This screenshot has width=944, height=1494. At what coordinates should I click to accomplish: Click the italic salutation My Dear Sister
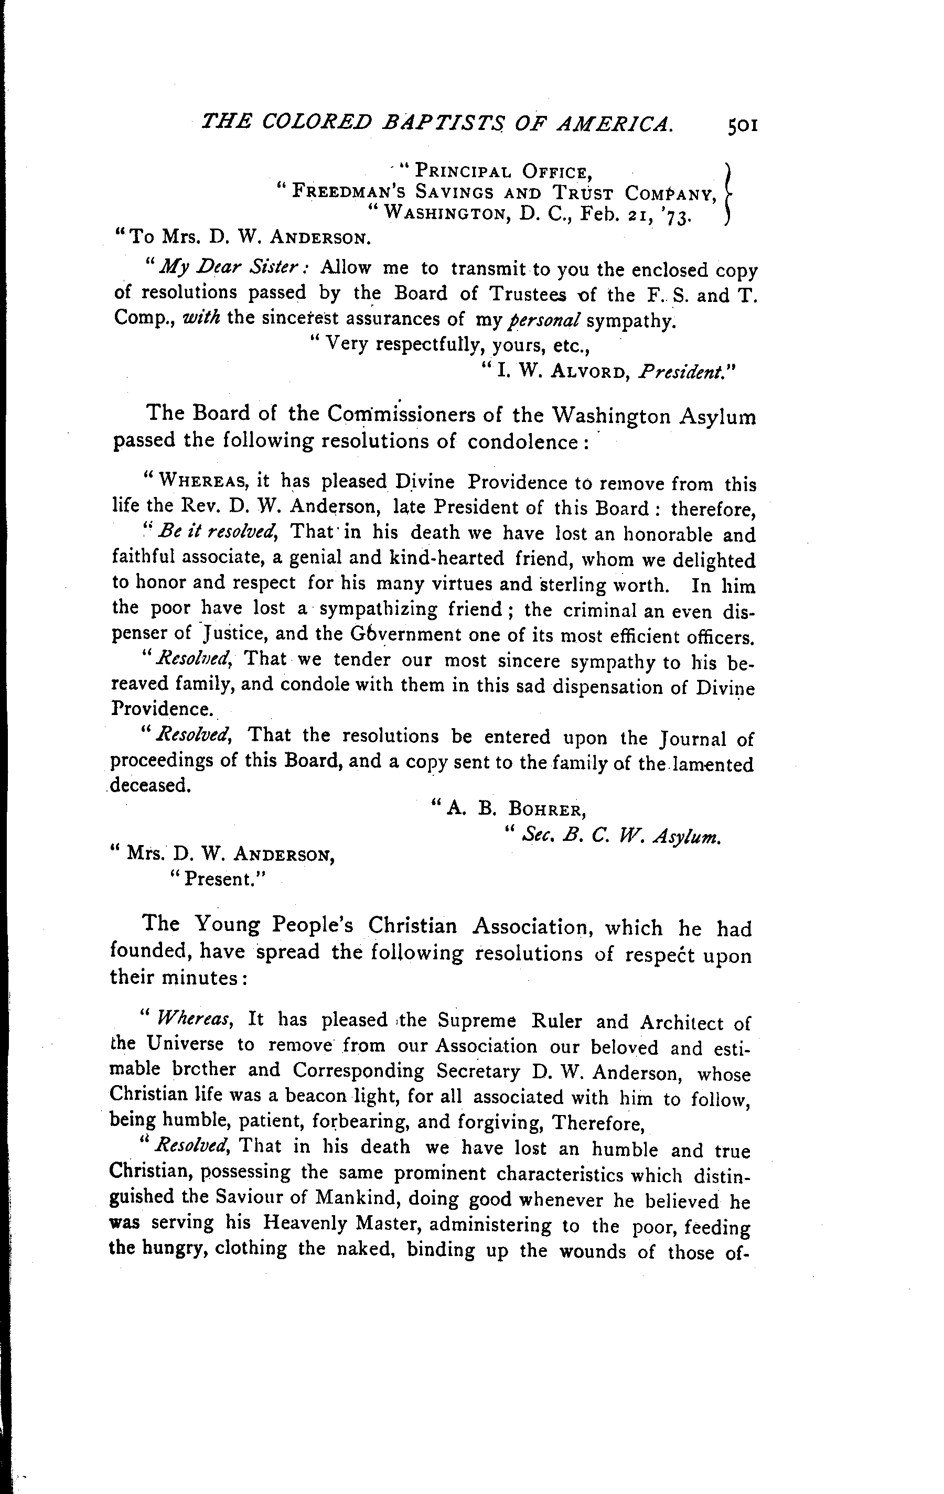231,268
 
